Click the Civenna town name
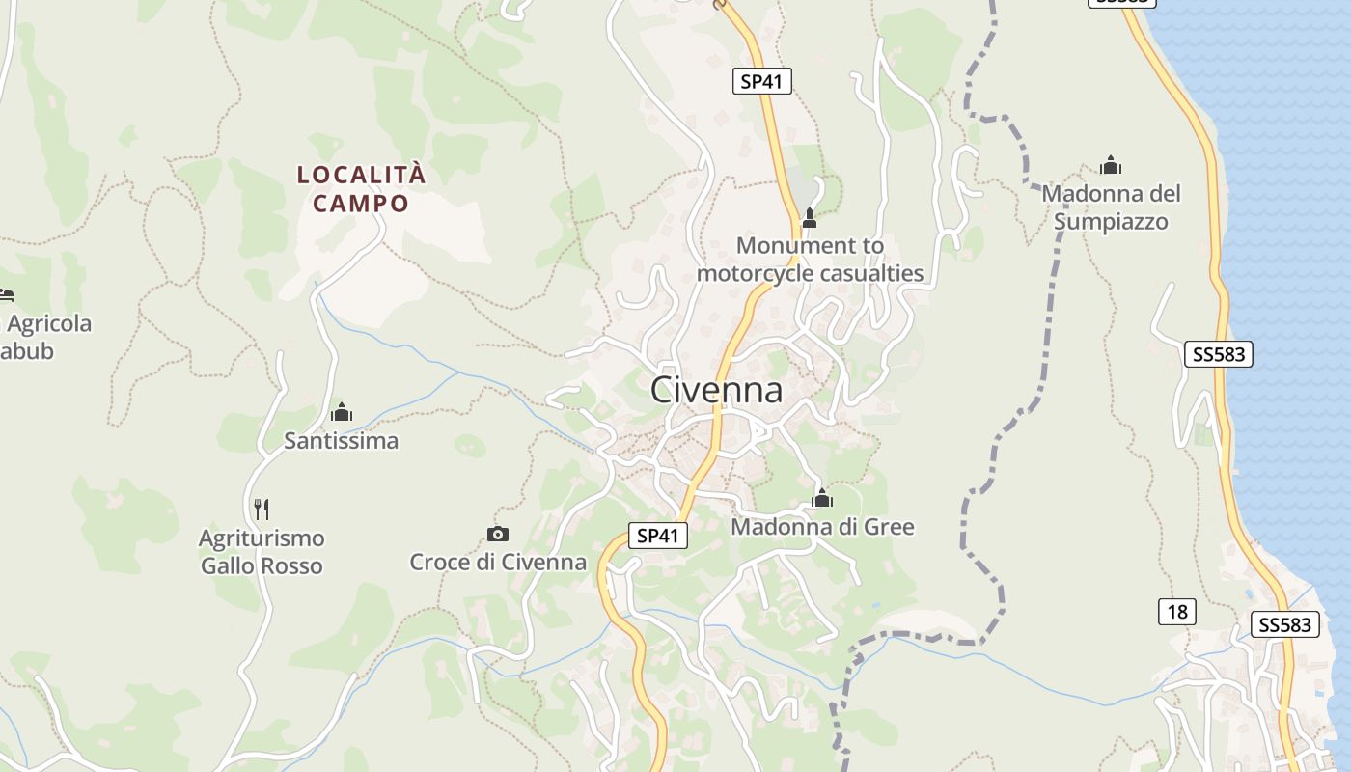716,390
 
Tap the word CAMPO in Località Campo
361,204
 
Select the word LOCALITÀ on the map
361,175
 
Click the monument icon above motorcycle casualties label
810,218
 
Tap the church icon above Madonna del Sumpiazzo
1111,165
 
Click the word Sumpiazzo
1111,222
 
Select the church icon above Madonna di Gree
822,499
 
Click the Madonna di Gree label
822,527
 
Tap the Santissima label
341,441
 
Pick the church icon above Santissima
341,413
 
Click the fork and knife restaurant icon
262,509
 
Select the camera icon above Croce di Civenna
498,534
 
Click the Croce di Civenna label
498,562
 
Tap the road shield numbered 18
1176,612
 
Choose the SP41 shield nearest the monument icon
761,82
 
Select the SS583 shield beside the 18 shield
1285,625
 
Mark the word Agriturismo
262,538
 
